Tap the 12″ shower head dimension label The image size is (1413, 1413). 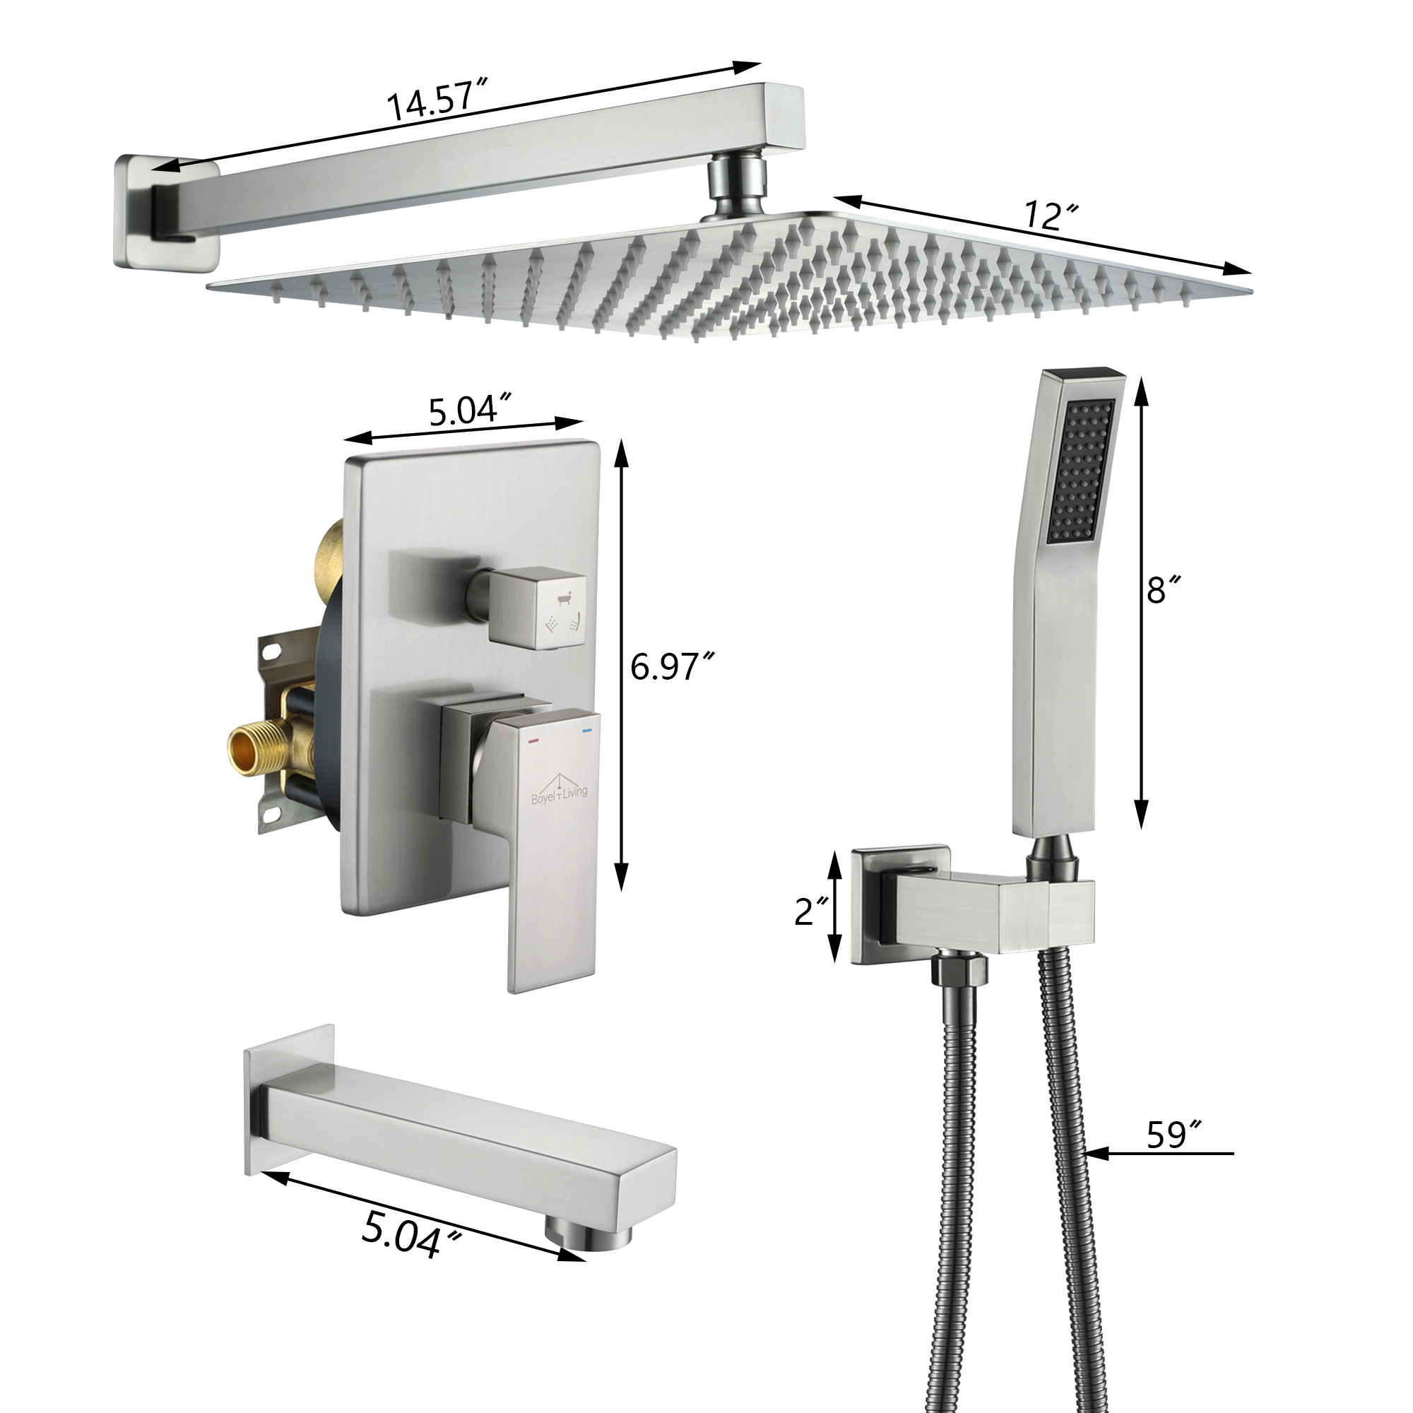1051,216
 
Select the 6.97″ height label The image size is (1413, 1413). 670,667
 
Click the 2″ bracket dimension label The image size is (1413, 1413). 811,911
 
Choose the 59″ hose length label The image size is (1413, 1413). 1173,1135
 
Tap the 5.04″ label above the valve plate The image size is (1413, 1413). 468,410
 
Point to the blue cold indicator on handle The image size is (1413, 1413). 585,730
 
